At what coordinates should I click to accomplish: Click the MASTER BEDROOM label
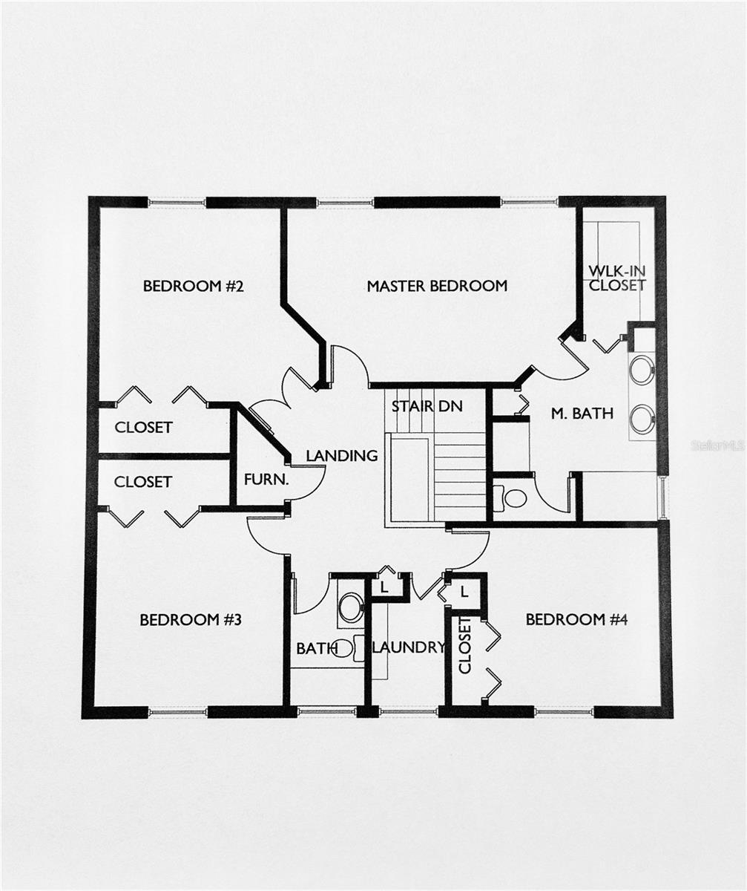click(437, 286)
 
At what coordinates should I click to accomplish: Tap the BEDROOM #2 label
click(194, 286)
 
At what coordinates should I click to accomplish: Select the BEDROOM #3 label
click(191, 620)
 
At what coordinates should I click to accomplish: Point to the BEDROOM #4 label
click(576, 619)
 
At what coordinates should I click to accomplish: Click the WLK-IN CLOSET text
click(617, 278)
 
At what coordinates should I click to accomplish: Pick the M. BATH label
click(582, 414)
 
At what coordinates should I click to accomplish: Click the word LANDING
click(342, 456)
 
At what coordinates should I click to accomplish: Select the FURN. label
click(266, 480)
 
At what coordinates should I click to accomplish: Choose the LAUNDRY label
click(408, 647)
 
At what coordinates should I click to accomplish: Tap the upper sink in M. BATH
click(642, 370)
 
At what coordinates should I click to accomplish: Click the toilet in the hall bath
click(349, 607)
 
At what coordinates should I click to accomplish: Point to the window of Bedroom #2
click(177, 201)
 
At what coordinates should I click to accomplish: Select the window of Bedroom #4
click(564, 711)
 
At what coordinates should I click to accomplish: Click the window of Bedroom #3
click(177, 712)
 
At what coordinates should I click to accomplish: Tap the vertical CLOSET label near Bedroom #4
click(465, 645)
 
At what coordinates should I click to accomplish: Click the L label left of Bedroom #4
click(464, 592)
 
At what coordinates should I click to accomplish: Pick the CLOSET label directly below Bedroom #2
click(143, 428)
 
